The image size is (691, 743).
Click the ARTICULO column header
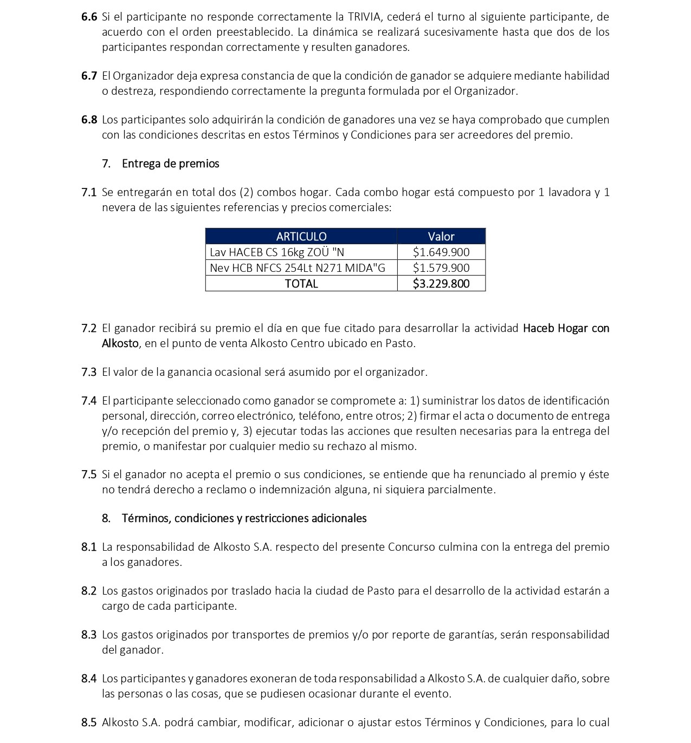tap(301, 236)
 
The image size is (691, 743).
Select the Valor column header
tap(441, 236)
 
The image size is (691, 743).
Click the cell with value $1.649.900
tap(441, 252)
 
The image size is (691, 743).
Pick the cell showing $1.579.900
tap(441, 268)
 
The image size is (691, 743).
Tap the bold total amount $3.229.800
tap(441, 283)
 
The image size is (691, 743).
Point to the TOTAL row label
tap(301, 283)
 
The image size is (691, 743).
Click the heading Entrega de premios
tap(170, 164)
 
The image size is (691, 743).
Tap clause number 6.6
tap(89, 17)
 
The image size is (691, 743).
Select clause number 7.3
tap(89, 372)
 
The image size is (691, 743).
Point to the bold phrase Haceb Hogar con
tap(566, 328)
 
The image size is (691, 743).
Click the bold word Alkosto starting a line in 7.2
tap(120, 343)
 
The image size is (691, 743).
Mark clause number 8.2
tap(89, 591)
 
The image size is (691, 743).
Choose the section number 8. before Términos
tap(106, 518)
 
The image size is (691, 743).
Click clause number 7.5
tap(89, 474)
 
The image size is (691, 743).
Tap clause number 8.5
tap(89, 722)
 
